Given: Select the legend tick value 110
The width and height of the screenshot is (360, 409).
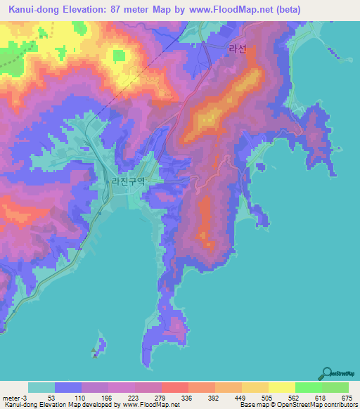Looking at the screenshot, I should tap(82, 398).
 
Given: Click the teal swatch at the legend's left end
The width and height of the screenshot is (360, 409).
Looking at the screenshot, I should tap(41, 387).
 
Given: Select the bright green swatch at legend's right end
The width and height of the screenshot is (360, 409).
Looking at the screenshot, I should tap(335, 387).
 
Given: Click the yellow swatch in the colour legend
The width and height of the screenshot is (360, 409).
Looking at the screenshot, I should tap(282, 387).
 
